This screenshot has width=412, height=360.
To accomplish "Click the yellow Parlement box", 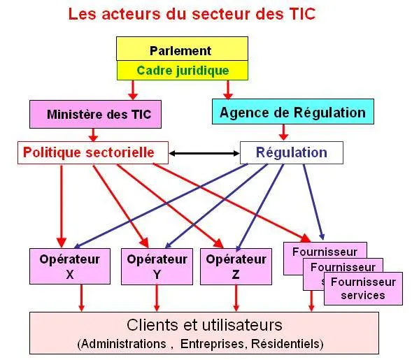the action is point(182,49).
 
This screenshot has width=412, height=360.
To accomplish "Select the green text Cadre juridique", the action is point(183,71).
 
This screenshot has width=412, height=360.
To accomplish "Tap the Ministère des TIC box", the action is point(95,114).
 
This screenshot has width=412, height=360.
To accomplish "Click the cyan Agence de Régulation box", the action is point(293,112).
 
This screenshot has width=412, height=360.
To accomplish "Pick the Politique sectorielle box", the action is point(93,153).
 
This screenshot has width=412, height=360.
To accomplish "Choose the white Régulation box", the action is point(292,153).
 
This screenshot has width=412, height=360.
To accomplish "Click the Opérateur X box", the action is point(70,266).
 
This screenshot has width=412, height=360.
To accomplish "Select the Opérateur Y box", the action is point(157,266).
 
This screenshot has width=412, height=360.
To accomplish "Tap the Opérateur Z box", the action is point(236,266).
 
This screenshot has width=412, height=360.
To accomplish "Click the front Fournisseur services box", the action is point(363,289).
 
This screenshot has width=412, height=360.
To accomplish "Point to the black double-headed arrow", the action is point(204,153).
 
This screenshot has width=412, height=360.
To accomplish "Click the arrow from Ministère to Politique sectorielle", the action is point(93,135).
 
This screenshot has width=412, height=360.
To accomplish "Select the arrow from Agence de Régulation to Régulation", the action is point(283,132).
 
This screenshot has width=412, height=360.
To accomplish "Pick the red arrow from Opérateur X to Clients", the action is point(81,298).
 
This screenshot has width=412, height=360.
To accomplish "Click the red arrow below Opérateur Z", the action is point(236,298).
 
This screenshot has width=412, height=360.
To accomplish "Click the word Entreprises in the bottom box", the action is point(213,344).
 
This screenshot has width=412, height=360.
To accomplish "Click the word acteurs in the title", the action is point(131,14).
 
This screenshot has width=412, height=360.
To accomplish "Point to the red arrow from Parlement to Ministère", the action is point(133,89).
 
